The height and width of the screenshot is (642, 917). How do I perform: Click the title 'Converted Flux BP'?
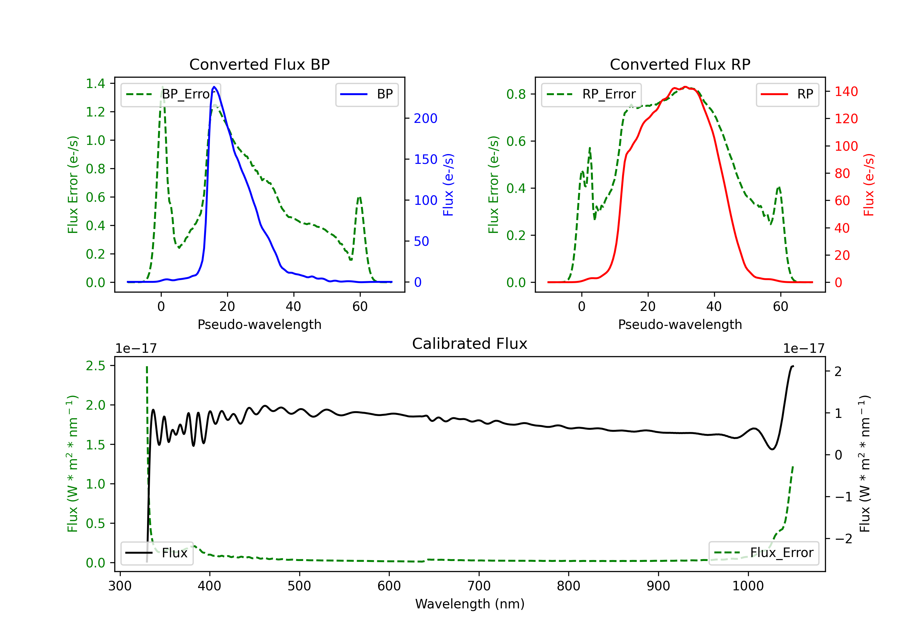pyautogui.click(x=259, y=64)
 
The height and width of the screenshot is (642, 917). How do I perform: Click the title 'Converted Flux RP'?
pyautogui.click(x=680, y=64)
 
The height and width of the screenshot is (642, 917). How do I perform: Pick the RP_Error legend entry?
pyautogui.click(x=591, y=94)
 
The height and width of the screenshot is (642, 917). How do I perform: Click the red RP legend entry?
pyautogui.click(x=787, y=94)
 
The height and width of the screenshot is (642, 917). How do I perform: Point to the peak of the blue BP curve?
pyautogui.click(x=215, y=87)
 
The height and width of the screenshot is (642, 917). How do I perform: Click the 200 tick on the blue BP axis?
pyautogui.click(x=425, y=118)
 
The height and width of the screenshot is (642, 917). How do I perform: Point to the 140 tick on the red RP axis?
pyautogui.click(x=846, y=91)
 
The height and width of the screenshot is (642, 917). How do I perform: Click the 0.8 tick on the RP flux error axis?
pyautogui.click(x=516, y=94)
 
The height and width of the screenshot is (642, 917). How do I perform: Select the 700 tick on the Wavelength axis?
pyautogui.click(x=479, y=586)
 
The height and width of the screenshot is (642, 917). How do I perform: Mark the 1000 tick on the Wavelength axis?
pyautogui.click(x=748, y=586)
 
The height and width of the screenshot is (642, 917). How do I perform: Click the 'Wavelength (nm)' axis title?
pyautogui.click(x=470, y=604)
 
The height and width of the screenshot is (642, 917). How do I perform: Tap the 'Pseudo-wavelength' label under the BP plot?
pyautogui.click(x=259, y=324)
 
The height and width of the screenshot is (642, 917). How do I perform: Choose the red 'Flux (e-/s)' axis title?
pyautogui.click(x=869, y=185)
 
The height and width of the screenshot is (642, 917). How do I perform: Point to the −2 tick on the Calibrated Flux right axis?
pyautogui.click(x=843, y=539)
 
